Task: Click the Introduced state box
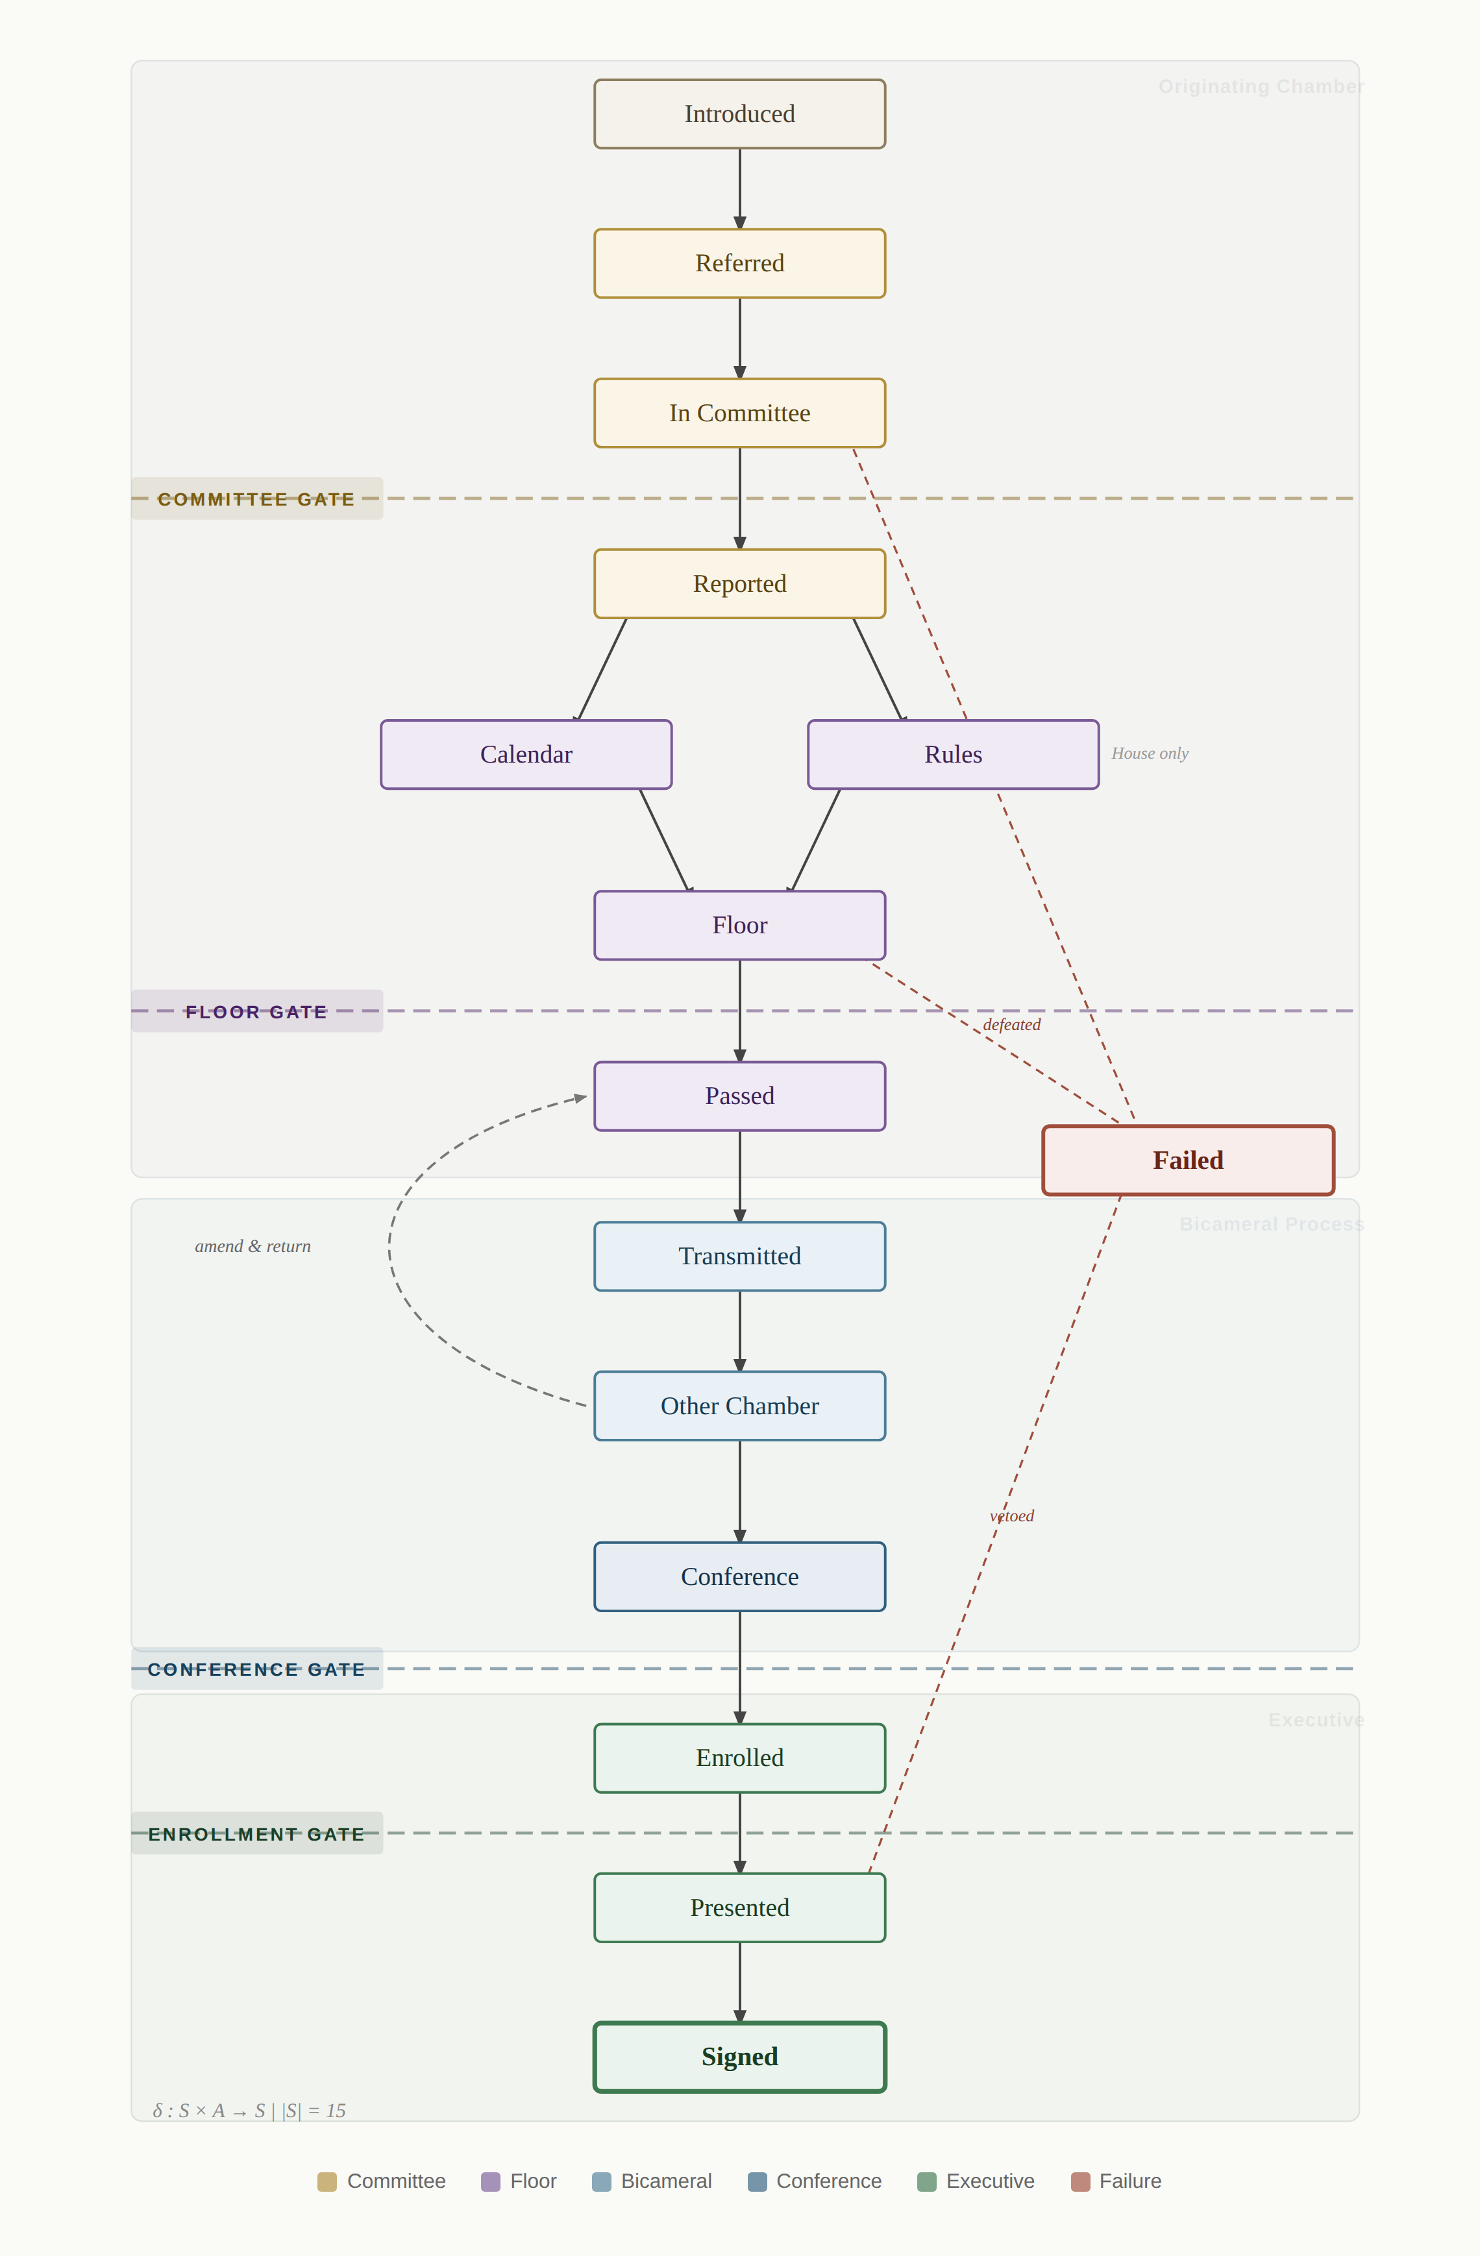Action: click(x=739, y=114)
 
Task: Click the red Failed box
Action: click(x=1188, y=1160)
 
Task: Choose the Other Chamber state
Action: click(x=739, y=1406)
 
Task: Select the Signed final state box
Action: click(x=739, y=2057)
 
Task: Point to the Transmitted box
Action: click(x=739, y=1256)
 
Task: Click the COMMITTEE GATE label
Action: click(x=256, y=498)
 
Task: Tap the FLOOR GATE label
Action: click(x=256, y=1011)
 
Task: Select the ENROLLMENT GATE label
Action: click(x=256, y=1834)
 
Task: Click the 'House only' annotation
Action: click(x=1149, y=754)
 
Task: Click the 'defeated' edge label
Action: click(x=1011, y=1025)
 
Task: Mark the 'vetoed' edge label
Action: click(x=1011, y=1515)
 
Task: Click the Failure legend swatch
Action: click(x=1080, y=2181)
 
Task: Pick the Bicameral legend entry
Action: click(x=652, y=2181)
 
